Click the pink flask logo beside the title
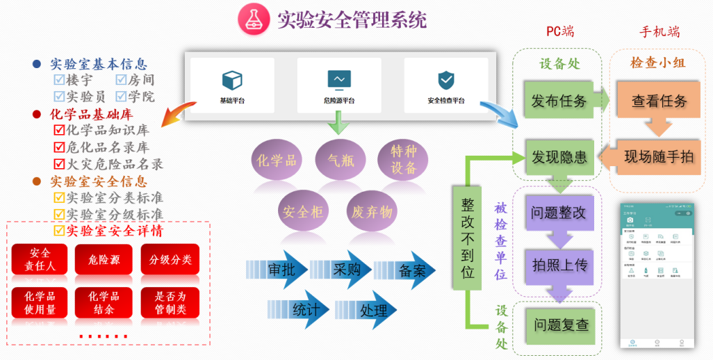(252, 20)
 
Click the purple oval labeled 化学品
(277, 161)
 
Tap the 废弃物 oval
(372, 211)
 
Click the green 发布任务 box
(559, 101)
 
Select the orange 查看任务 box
(658, 101)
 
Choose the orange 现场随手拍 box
(658, 156)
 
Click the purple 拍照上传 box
(559, 265)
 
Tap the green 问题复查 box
(561, 324)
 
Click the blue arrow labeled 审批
(277, 270)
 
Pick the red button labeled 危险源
(104, 260)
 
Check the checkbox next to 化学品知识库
(59, 130)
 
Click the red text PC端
(560, 31)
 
